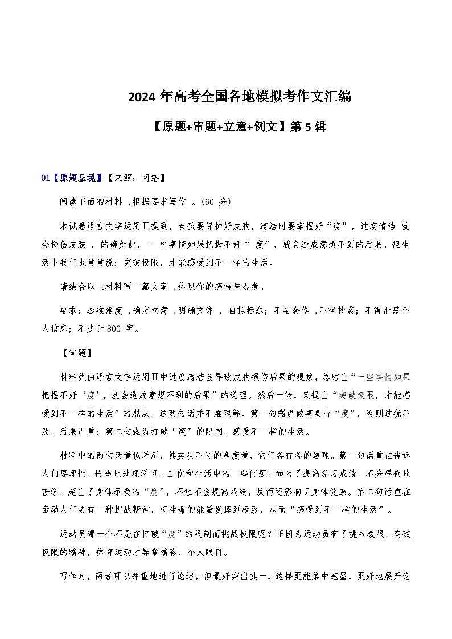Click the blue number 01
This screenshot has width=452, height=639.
click(46, 178)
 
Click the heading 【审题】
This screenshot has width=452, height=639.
click(75, 353)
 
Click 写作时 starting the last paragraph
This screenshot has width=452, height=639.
click(73, 576)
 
